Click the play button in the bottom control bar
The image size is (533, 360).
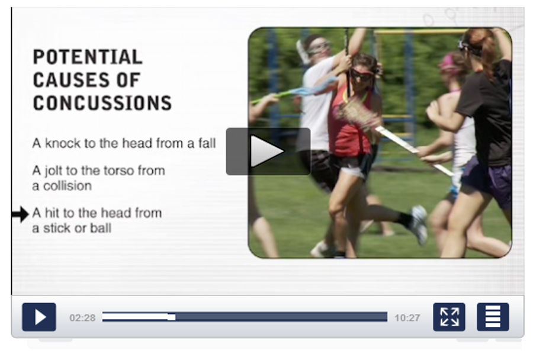[39, 317]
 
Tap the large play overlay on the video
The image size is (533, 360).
[268, 152]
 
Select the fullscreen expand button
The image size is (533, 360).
[449, 317]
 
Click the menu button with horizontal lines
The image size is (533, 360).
[493, 317]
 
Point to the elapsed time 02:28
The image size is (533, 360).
[82, 318]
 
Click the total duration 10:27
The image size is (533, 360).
[407, 318]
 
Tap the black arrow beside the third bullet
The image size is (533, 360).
[20, 214]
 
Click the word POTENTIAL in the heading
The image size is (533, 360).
[88, 57]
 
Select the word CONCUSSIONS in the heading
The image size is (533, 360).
[102, 103]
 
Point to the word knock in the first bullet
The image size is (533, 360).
[63, 143]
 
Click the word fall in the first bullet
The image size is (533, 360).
[207, 143]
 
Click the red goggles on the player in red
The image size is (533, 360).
[362, 75]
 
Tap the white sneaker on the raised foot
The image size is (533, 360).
[419, 224]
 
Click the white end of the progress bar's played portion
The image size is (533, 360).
[172, 317]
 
